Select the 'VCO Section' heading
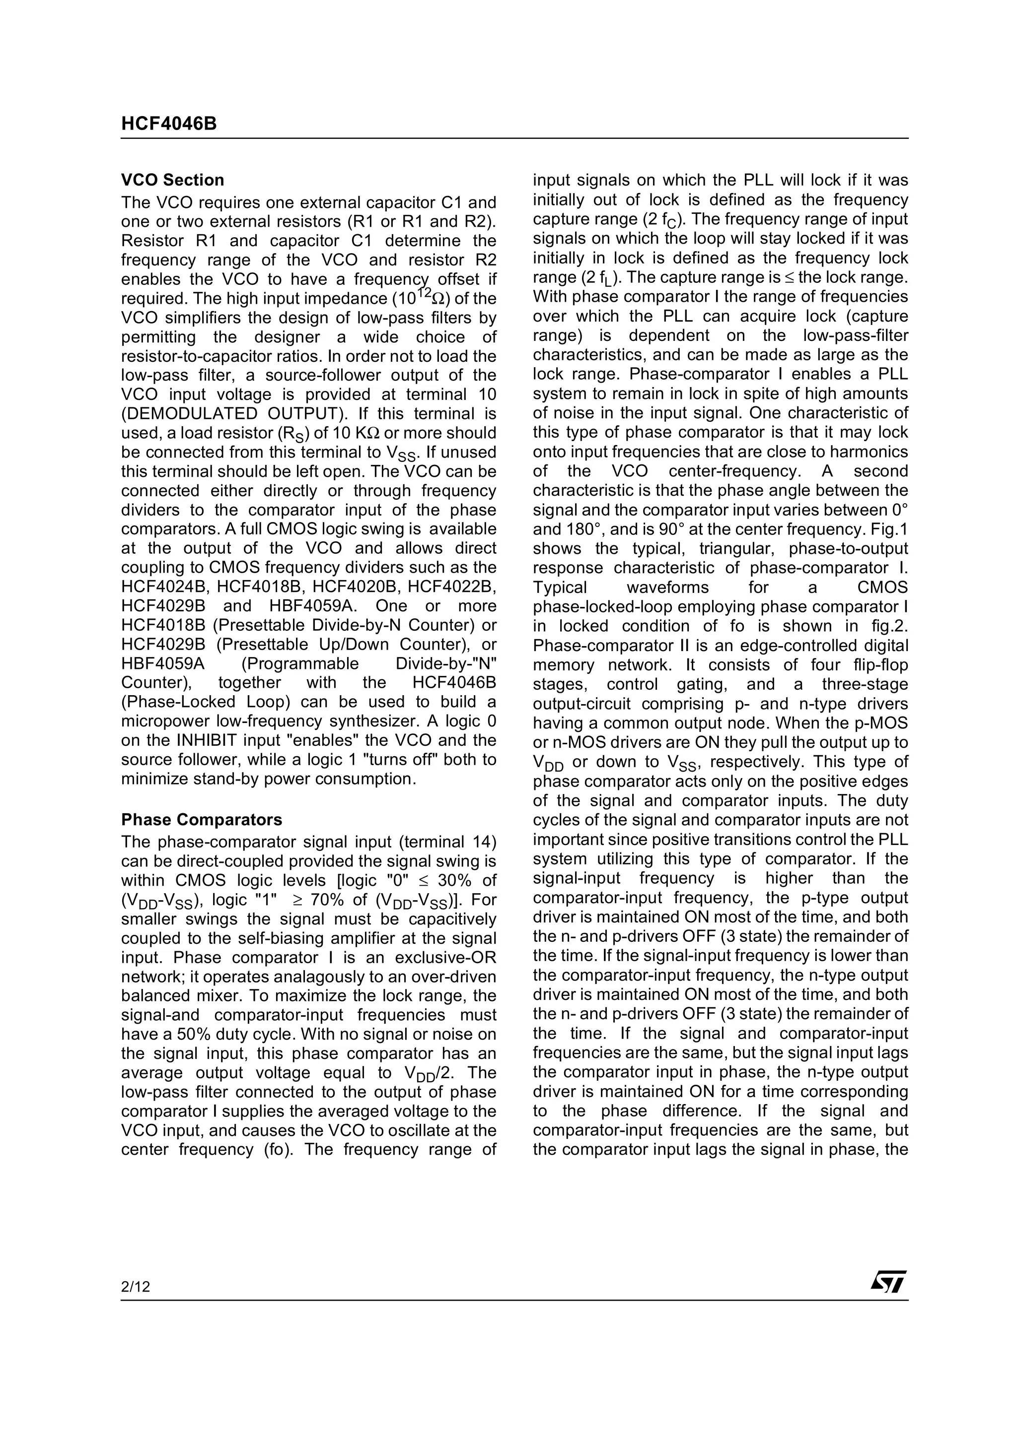click(x=172, y=181)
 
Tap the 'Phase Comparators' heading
click(x=201, y=820)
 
